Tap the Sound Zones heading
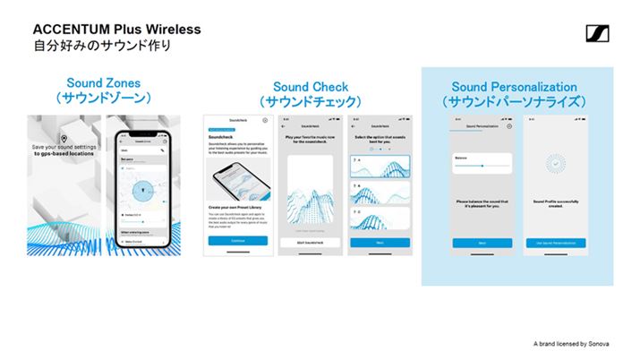pyautogui.click(x=103, y=83)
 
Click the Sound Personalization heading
pyautogui.click(x=514, y=87)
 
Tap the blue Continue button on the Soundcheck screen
pyautogui.click(x=238, y=241)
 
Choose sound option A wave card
pyautogui.click(x=378, y=166)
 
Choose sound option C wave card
pyautogui.click(x=378, y=219)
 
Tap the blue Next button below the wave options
pyautogui.click(x=378, y=242)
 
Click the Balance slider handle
pyautogui.click(x=482, y=166)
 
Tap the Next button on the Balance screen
pyautogui.click(x=482, y=242)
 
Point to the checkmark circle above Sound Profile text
pyautogui.click(x=555, y=164)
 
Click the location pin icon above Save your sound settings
pyautogui.click(x=64, y=138)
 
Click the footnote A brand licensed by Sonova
pyautogui.click(x=573, y=343)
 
